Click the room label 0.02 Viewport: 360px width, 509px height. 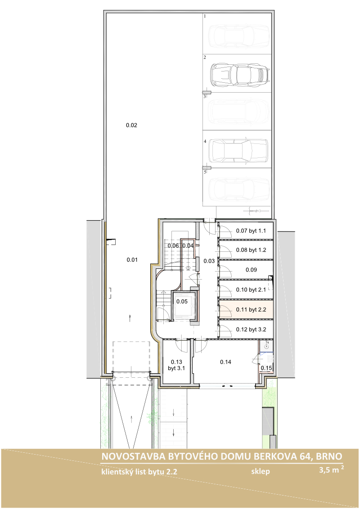coord(131,125)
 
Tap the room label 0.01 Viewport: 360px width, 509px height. coord(132,260)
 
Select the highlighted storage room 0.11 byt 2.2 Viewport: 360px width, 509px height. coord(246,309)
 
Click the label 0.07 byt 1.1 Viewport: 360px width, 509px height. coord(251,231)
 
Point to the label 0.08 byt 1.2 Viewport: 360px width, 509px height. coord(251,250)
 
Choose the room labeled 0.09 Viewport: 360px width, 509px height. coord(251,270)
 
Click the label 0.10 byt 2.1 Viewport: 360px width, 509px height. coord(251,290)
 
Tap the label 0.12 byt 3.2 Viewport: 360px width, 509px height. coord(251,330)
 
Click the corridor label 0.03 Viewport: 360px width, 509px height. coord(209,261)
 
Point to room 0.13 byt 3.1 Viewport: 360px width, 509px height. coord(176,365)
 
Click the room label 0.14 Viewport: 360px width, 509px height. coord(225,362)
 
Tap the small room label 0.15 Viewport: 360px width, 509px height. coord(266,368)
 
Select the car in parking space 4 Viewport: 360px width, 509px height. coord(238,150)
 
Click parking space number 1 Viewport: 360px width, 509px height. coord(205,16)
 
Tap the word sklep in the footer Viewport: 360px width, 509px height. coord(260,471)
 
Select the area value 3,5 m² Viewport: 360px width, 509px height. coord(331,469)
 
